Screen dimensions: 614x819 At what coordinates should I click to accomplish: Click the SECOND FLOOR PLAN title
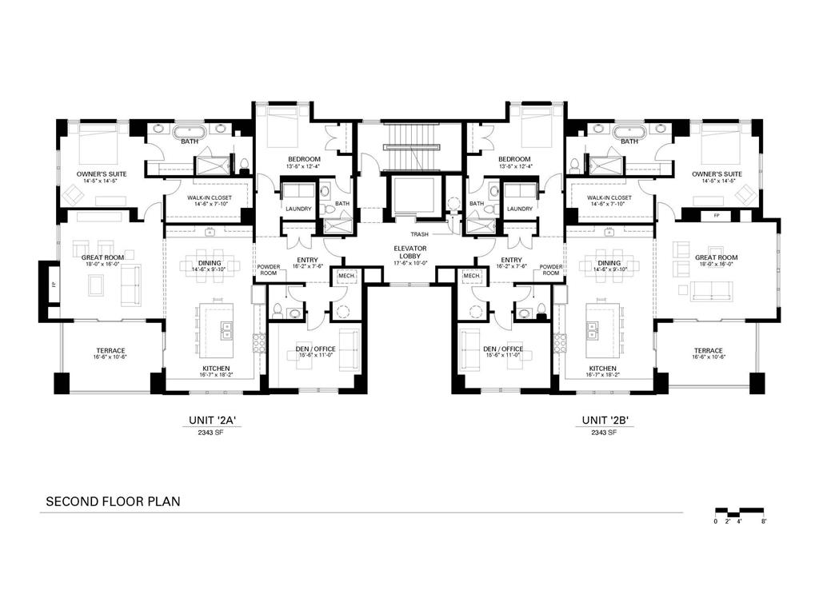(113, 502)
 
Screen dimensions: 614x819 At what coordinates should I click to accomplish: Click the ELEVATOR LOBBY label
(409, 253)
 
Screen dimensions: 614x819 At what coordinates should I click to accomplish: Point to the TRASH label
(420, 234)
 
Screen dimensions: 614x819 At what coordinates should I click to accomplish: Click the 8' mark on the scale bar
(764, 520)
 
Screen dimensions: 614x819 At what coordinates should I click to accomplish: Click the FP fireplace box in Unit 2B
(715, 216)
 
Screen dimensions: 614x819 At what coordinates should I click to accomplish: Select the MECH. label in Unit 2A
(346, 276)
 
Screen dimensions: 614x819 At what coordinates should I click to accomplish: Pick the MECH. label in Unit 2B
(471, 276)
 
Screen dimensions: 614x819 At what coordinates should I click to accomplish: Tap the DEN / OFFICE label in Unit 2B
(503, 349)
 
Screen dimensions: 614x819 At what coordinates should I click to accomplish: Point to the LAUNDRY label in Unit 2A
(298, 209)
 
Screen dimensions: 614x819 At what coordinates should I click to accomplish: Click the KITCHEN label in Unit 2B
(604, 369)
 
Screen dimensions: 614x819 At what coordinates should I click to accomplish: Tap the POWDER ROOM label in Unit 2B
(551, 269)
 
